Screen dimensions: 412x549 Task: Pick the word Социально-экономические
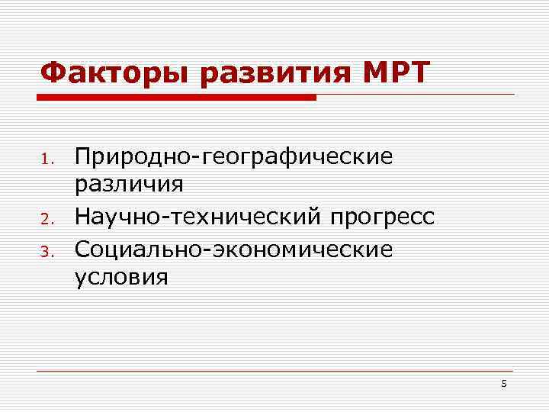[x=233, y=249]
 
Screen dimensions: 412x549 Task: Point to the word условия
[x=121, y=278]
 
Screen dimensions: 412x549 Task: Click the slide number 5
[x=504, y=384]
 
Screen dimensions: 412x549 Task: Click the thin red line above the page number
[x=274, y=372]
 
